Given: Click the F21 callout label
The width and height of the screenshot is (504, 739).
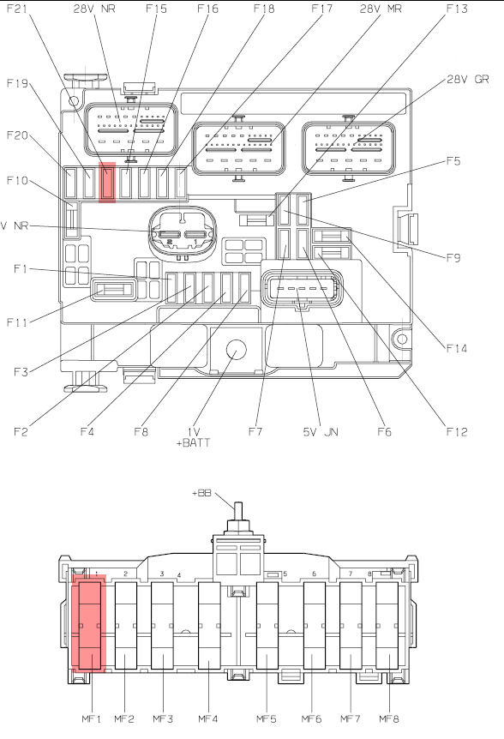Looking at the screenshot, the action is pos(16,9).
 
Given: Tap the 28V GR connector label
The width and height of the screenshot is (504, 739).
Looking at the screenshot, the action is pos(468,79).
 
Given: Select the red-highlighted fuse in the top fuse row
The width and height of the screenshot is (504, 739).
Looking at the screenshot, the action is pos(107,183).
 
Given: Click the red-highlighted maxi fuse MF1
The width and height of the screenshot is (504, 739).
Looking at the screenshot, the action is pos(89,624).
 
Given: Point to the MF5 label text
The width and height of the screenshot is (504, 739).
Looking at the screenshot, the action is pos(266,718).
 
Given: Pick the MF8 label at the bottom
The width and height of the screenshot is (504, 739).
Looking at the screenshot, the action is pos(389,718).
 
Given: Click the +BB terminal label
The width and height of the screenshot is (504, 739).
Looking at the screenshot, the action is pos(201,493).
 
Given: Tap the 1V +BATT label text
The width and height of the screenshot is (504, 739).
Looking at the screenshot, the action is pos(193,437).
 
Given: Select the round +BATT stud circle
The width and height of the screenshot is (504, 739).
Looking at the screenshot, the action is pos(237,350).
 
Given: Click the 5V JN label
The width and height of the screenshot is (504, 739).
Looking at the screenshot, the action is pos(321,432).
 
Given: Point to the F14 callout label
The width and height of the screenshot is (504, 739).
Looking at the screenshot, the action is pos(456,348).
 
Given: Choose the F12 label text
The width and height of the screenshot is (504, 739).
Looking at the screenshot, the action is pos(456,432).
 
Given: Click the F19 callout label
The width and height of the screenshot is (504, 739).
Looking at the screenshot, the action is pos(17,83).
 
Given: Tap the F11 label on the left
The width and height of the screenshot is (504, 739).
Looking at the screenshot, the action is pos(16,322).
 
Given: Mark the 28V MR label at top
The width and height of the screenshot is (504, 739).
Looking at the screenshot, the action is pos(381,9).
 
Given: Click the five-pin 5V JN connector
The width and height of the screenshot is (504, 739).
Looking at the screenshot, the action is pos(302,288).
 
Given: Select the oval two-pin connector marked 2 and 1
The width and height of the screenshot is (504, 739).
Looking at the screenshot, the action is pos(183,233).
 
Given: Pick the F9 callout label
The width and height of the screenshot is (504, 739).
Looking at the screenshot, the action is pos(453,258).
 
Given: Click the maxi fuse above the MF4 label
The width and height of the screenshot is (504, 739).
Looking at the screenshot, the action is pos(209,626).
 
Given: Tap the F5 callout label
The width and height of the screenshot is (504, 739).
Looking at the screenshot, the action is pos(453,161).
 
